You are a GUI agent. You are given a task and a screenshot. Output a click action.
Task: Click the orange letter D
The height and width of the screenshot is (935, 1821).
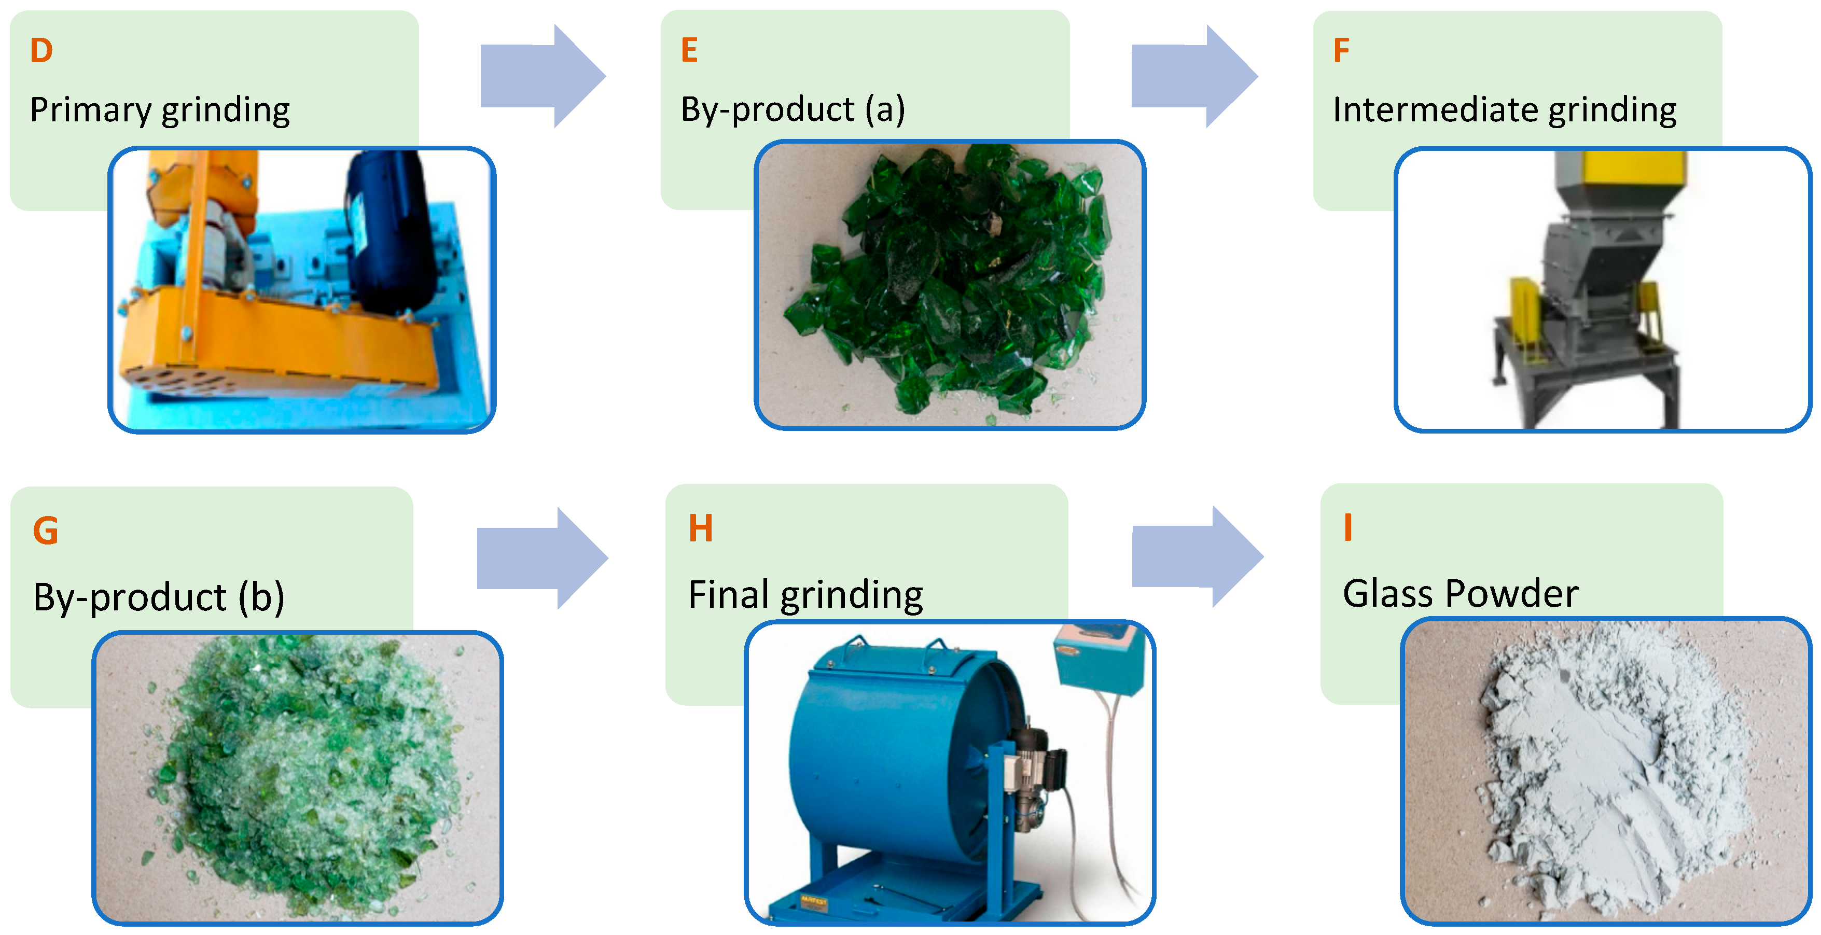tap(41, 51)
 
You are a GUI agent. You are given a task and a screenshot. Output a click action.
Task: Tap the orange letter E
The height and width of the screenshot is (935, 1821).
tap(689, 50)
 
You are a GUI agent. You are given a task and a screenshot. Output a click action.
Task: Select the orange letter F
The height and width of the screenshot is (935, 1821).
tap(1341, 51)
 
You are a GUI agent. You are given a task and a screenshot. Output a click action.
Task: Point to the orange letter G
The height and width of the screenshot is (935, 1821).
tap(45, 530)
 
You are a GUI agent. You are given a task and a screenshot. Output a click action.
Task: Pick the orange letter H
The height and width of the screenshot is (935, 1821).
tap(701, 528)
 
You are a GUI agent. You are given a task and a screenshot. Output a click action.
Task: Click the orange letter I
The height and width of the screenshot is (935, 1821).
tap(1347, 527)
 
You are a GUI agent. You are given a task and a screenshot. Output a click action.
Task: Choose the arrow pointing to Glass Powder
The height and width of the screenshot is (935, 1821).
tap(1196, 556)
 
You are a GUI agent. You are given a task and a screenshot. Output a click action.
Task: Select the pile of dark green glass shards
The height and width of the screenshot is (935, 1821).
tap(954, 283)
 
